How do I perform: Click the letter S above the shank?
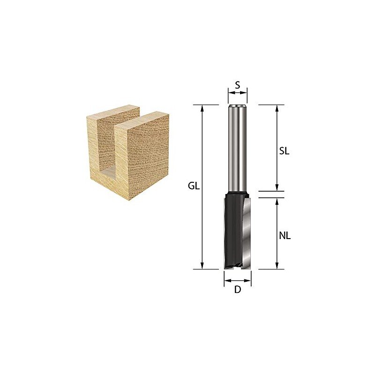[238, 85]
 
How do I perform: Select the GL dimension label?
[194, 186]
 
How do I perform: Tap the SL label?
[284, 151]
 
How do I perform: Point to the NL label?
[285, 236]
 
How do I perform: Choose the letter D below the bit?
[238, 290]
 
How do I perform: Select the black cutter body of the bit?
[233, 230]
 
